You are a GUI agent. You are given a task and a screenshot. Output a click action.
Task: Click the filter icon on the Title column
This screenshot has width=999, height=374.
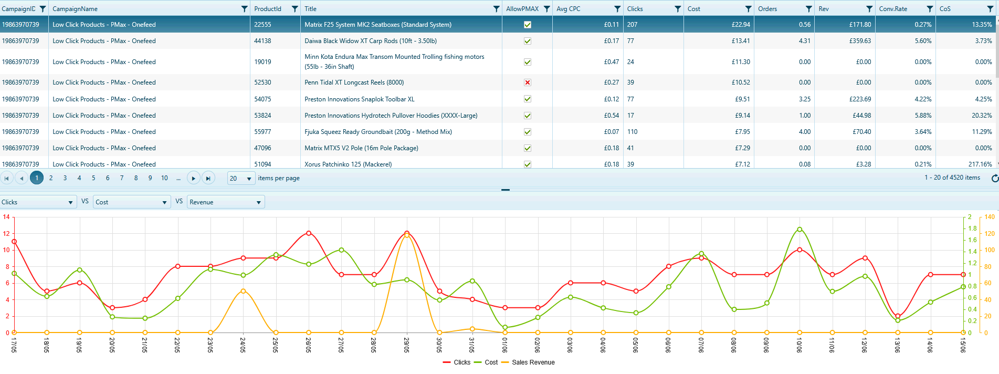pyautogui.click(x=496, y=9)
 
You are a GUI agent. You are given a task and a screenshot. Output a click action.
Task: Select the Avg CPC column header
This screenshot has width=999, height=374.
pyautogui.click(x=568, y=9)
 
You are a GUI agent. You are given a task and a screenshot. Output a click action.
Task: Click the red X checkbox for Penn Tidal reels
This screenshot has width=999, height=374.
pyautogui.click(x=528, y=82)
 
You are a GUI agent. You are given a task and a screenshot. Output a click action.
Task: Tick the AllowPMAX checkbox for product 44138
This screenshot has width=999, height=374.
pyautogui.click(x=528, y=41)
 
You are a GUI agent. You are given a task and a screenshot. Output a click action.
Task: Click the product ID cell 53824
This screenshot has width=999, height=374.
pyautogui.click(x=262, y=116)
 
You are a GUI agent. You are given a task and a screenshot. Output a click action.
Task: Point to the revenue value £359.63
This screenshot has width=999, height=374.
pyautogui.click(x=860, y=41)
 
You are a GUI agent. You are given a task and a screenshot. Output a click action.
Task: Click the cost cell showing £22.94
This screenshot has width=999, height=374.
pyautogui.click(x=741, y=25)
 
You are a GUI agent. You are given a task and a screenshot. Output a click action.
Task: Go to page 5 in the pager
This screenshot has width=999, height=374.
pyautogui.click(x=93, y=178)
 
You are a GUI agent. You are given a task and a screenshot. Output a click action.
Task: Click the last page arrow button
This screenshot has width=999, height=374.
pyautogui.click(x=208, y=178)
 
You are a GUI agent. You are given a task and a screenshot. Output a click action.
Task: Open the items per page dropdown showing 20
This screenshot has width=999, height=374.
pyautogui.click(x=241, y=178)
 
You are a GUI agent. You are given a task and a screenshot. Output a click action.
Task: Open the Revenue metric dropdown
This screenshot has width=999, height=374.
pyautogui.click(x=226, y=202)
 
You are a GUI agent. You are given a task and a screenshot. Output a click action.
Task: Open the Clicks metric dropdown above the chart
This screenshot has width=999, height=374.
pyautogui.click(x=38, y=202)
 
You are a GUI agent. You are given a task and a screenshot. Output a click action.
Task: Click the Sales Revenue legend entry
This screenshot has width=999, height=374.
pyautogui.click(x=528, y=362)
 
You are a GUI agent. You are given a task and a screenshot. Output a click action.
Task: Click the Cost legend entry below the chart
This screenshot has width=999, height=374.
pyautogui.click(x=486, y=362)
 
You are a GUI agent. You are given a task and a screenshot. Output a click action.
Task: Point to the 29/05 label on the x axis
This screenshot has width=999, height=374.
pyautogui.click(x=407, y=345)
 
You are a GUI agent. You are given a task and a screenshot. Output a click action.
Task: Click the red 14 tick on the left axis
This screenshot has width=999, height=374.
pyautogui.click(x=6, y=217)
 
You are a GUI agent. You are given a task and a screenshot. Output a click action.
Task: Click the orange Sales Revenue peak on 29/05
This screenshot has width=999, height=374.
pyautogui.click(x=407, y=235)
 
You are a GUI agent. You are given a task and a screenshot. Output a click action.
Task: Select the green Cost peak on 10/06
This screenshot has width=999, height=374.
pyautogui.click(x=800, y=229)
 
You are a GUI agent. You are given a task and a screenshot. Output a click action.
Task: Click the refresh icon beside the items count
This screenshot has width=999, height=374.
pyautogui.click(x=994, y=178)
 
